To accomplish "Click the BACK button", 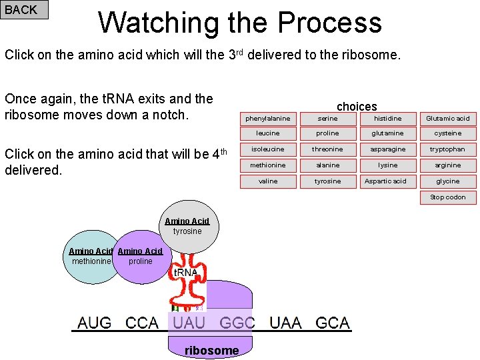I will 24,9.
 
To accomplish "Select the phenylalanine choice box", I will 268,118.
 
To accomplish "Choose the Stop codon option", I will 447,197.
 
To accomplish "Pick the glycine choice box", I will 447,181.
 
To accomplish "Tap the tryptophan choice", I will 447,149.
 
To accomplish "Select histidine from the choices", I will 387,118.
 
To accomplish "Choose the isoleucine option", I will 268,149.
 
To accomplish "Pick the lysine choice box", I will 387,165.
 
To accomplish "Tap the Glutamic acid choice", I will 447,118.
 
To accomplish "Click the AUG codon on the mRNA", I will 95,323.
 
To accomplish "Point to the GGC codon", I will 237,323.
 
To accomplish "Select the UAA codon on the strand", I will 285,323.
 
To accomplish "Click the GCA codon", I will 333,323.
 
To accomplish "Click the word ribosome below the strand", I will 211,351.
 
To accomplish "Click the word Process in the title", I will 329,23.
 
